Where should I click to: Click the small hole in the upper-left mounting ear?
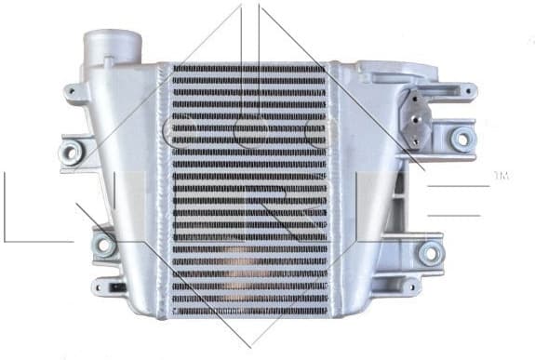(72, 91)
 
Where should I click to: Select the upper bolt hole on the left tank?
(70, 150)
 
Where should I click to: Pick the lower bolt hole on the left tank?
(105, 245)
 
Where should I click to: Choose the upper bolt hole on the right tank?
(460, 139)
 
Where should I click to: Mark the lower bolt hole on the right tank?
(430, 251)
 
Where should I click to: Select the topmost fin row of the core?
(248, 70)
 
